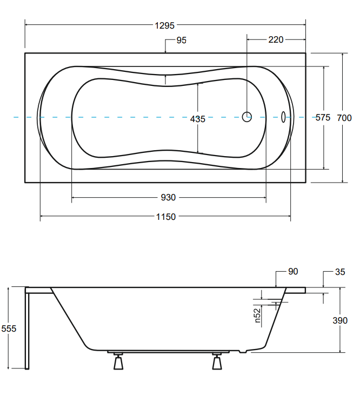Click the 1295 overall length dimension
tap(164, 25)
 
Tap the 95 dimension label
tap(182, 41)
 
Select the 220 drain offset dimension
tap(276, 40)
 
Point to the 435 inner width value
tap(197, 119)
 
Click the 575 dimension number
tap(323, 117)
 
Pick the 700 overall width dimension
tap(344, 118)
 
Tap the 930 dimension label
tap(168, 197)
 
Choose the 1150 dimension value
tap(166, 217)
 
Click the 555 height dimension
tap(9, 328)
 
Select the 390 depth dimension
tap(340, 320)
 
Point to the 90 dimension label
tap(293, 271)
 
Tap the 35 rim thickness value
tap(340, 272)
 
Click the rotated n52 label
tap(257, 315)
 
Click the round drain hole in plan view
tap(247, 117)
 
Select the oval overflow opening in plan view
tap(283, 117)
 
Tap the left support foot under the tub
tap(118, 361)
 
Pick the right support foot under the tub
tap(217, 361)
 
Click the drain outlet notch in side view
tap(243, 351)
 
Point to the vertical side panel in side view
tap(27, 328)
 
